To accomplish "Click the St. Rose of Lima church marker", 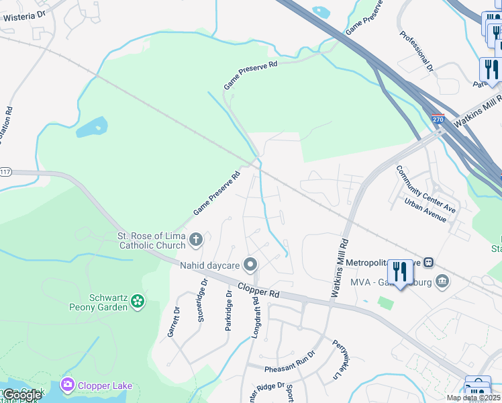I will coord(196,239).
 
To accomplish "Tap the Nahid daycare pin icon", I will coord(251,265).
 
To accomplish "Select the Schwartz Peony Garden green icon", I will coord(138,301).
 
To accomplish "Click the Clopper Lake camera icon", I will coord(67,385).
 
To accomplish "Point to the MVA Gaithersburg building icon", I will coord(442,280).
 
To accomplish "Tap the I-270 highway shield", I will coord(438,119).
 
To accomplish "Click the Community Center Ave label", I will coord(425,189).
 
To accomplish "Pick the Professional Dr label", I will coord(417,51).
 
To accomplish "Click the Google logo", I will coord(21,396).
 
